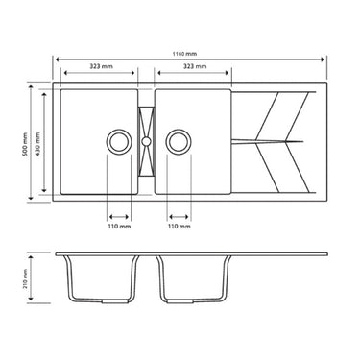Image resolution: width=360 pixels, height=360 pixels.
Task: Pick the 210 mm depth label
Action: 21,281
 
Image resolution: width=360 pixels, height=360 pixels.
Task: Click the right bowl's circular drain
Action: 179,140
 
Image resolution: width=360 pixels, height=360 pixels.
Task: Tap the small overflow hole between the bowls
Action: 147,140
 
